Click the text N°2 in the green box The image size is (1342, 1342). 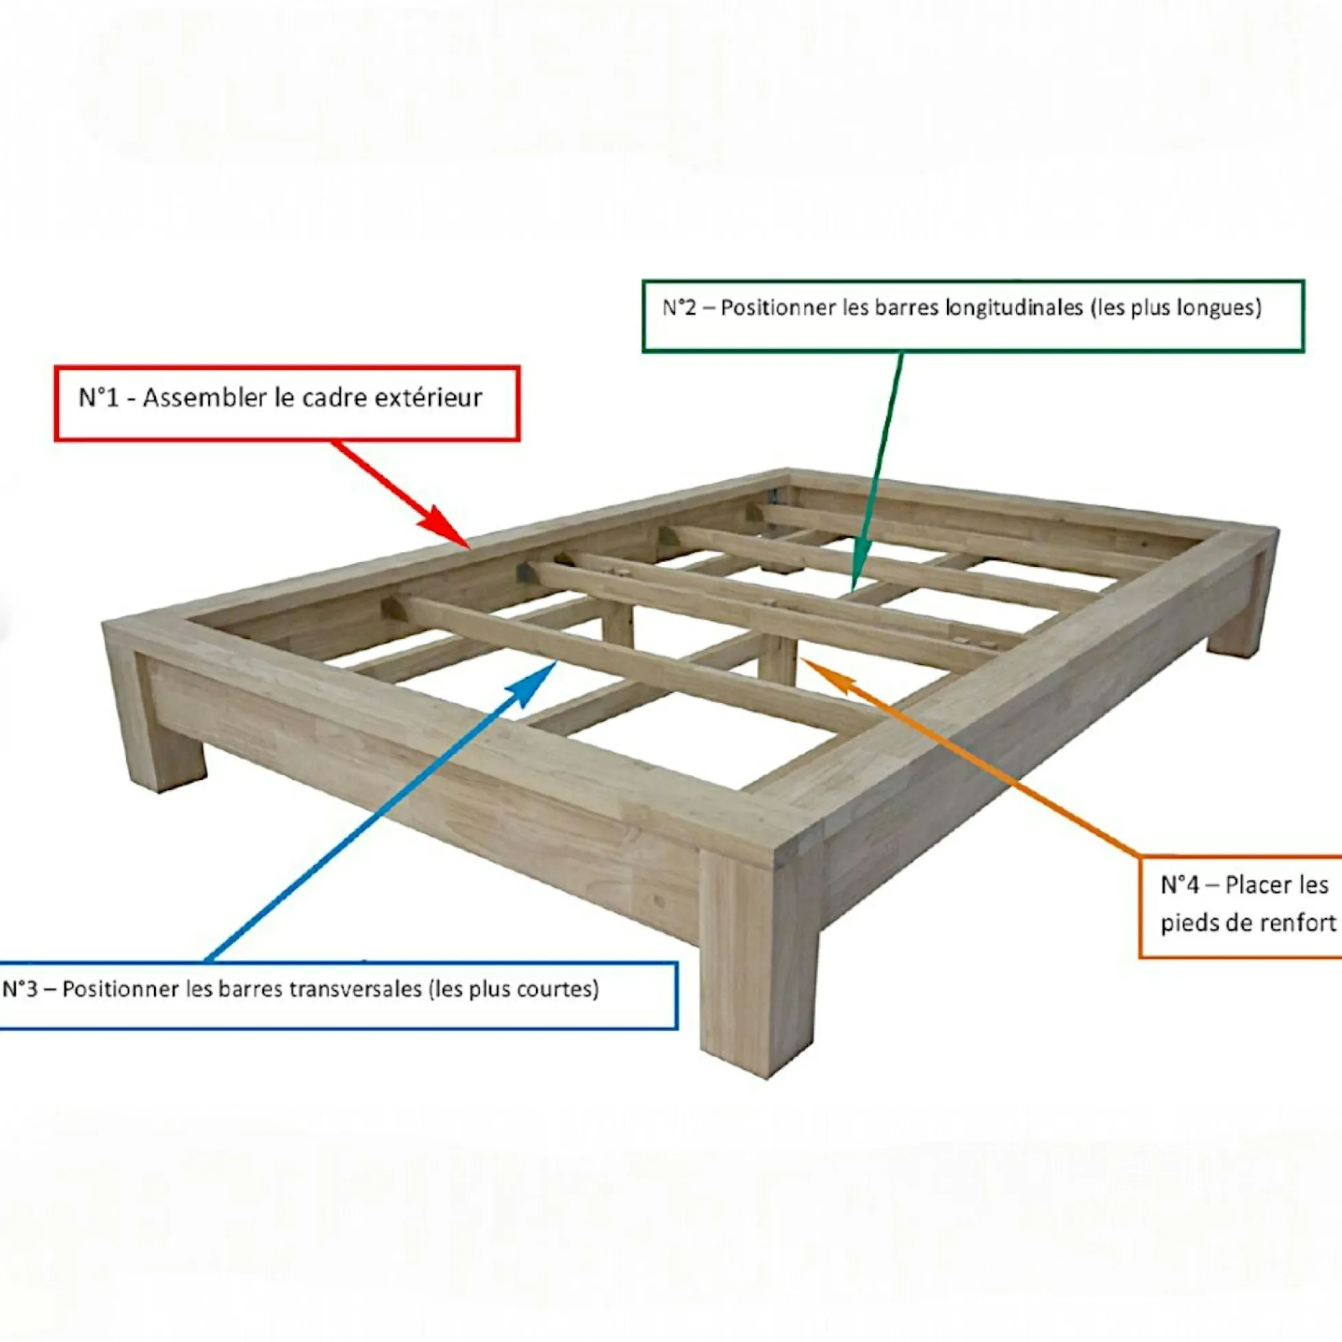pyautogui.click(x=679, y=307)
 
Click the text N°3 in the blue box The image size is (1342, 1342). pyautogui.click(x=20, y=989)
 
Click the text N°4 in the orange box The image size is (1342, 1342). pyautogui.click(x=1179, y=885)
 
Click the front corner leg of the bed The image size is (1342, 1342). pyautogui.click(x=759, y=965)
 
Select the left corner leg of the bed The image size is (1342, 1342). pyautogui.click(x=156, y=716)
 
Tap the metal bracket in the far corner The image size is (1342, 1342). pyautogui.click(x=776, y=496)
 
